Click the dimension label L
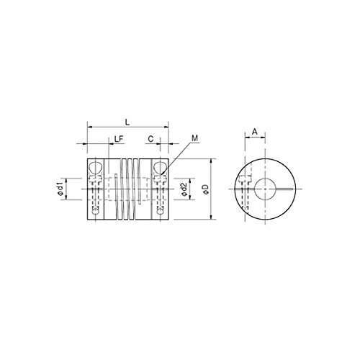127,122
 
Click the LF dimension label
119,139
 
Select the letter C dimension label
150,139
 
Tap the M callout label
194,138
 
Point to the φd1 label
60,189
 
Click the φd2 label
184,189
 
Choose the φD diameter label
205,189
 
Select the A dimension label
255,132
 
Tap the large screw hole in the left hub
96,168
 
